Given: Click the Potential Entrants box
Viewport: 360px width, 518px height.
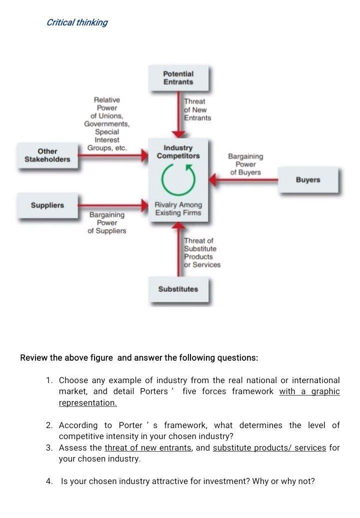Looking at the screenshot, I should click(178, 78).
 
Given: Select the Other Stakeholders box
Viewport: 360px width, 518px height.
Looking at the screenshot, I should click(47, 155).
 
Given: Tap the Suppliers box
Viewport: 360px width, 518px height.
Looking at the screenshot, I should click(47, 205).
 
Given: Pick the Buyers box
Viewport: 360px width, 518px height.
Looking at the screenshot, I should click(307, 180).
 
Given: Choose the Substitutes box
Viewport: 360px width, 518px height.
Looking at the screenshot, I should click(178, 289).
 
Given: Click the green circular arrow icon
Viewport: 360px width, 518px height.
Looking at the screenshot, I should click(178, 179).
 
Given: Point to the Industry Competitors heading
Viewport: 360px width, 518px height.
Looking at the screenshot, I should click(178, 152).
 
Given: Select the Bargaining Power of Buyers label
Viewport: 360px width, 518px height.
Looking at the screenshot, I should click(245, 164).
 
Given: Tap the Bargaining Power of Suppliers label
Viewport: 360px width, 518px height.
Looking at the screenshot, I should click(107, 223).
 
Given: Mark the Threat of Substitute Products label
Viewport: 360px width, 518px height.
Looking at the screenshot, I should click(201, 253).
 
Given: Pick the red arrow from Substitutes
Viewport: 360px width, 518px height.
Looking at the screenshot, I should click(178, 250).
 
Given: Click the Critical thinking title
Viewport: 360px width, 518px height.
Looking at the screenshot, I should click(76, 22).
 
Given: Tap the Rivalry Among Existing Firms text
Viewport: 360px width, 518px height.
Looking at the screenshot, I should click(178, 209).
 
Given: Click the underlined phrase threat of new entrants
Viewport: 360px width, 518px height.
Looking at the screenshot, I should click(148, 448).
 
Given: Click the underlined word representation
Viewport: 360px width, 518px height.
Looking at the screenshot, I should click(87, 403).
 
